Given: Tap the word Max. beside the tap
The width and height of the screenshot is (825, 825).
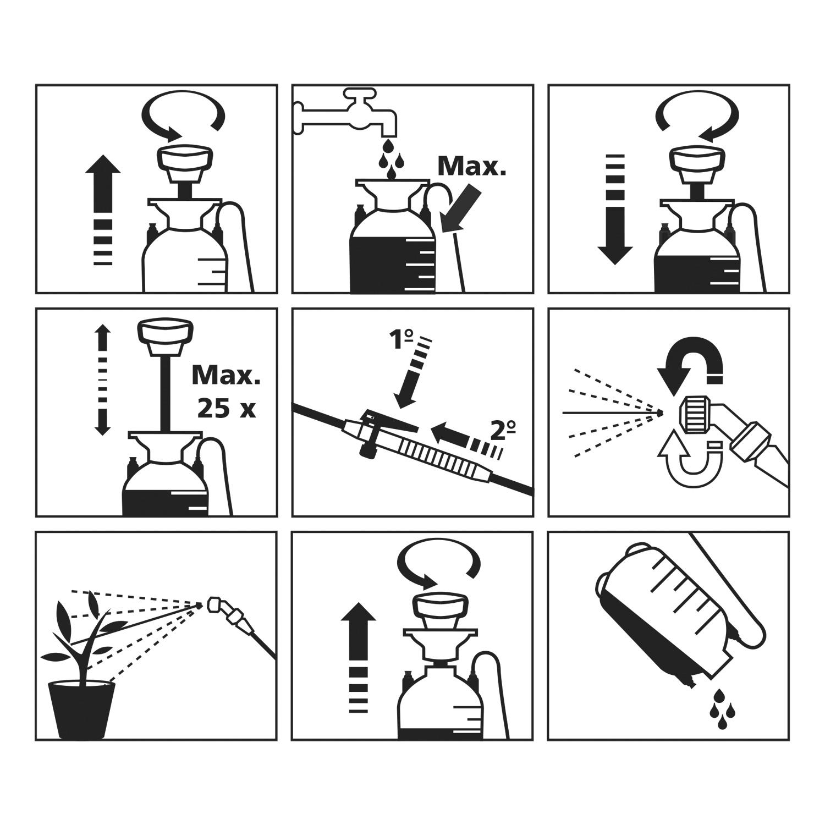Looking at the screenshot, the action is pos(471,166).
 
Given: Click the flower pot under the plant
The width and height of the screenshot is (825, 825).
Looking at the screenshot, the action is pos(82,710).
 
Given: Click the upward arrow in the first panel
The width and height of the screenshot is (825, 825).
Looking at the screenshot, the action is pos(103,210).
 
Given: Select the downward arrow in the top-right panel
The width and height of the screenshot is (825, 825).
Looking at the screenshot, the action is pos(615,210).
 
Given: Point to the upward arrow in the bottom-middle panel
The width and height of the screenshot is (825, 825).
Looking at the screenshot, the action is pos(358,657).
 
